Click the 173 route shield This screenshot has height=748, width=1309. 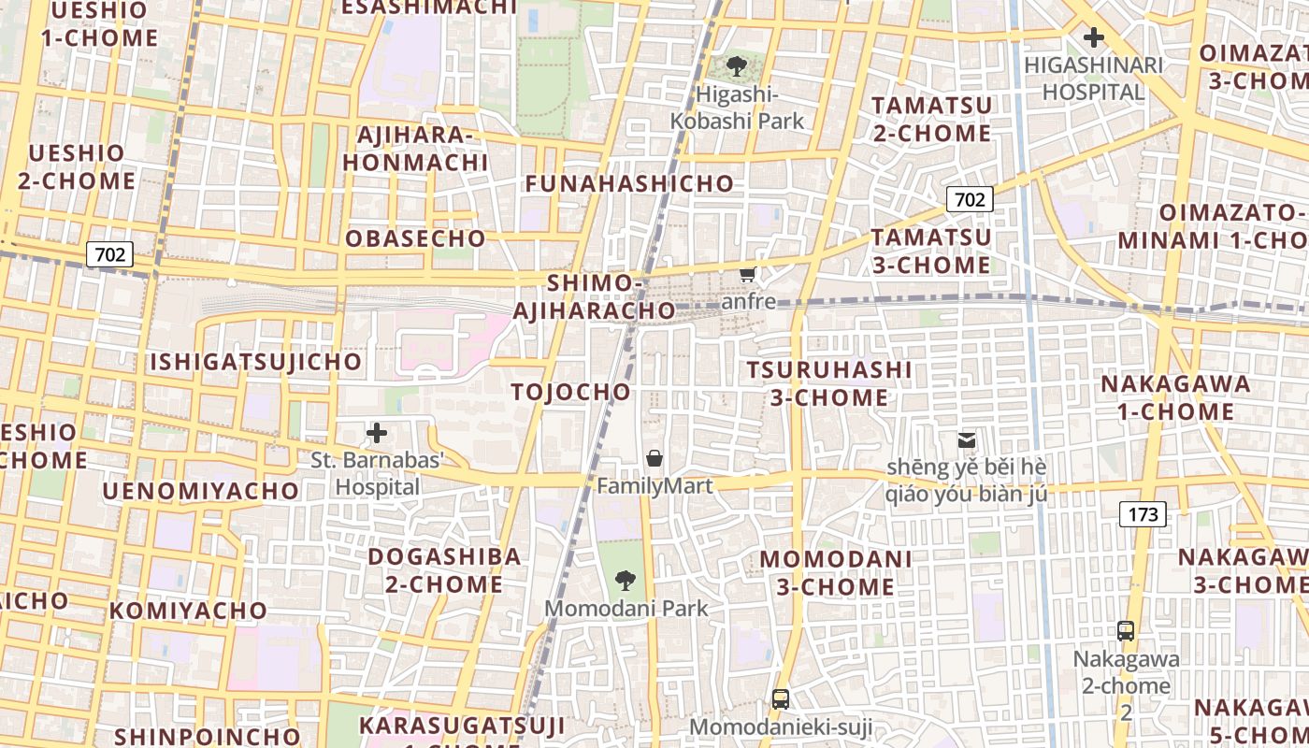[x=1143, y=513]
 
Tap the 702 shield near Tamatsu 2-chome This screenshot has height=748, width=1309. [x=970, y=199]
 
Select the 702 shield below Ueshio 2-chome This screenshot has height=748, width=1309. [x=110, y=253]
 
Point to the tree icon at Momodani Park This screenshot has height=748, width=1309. [x=625, y=581]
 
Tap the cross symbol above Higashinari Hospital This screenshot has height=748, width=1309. [x=1092, y=38]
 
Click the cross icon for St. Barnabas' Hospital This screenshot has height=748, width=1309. [x=377, y=433]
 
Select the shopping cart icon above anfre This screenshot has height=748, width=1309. [x=747, y=274]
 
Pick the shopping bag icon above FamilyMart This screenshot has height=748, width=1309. [x=654, y=458]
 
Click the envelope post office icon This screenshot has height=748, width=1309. [x=966, y=439]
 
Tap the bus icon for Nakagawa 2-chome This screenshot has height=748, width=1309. [x=1126, y=631]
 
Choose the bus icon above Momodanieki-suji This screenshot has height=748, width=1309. [x=780, y=698]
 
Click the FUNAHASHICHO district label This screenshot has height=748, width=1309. [x=629, y=183]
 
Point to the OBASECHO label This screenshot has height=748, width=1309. [x=416, y=238]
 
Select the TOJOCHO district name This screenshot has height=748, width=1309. [x=571, y=392]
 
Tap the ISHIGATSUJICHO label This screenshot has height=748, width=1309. [x=255, y=362]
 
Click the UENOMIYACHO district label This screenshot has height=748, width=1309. [x=201, y=491]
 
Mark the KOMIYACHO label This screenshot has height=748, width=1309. [x=189, y=611]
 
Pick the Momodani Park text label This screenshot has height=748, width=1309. [x=626, y=609]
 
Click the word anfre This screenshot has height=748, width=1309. [x=749, y=301]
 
